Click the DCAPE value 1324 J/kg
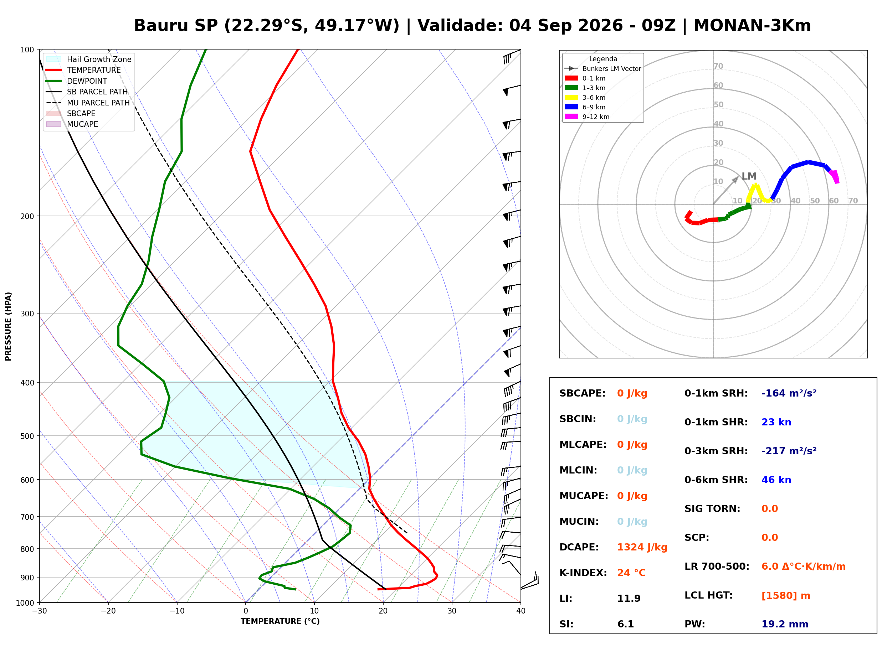tap(642, 547)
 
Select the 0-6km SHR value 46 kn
tap(776, 480)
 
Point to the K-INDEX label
tap(583, 573)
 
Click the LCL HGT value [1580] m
tap(786, 596)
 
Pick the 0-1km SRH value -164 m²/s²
tap(789, 393)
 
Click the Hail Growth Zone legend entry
tap(89, 59)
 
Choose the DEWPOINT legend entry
tap(77, 81)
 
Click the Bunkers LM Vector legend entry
tap(603, 69)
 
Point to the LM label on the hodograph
tap(749, 176)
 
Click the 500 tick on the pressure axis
tap(27, 436)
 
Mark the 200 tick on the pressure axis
tap(27, 216)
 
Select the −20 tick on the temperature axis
tap(108, 611)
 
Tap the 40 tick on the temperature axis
tap(521, 611)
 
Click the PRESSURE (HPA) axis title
tap(8, 326)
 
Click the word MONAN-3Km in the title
tap(752, 26)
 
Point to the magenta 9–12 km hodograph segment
tap(835, 176)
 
